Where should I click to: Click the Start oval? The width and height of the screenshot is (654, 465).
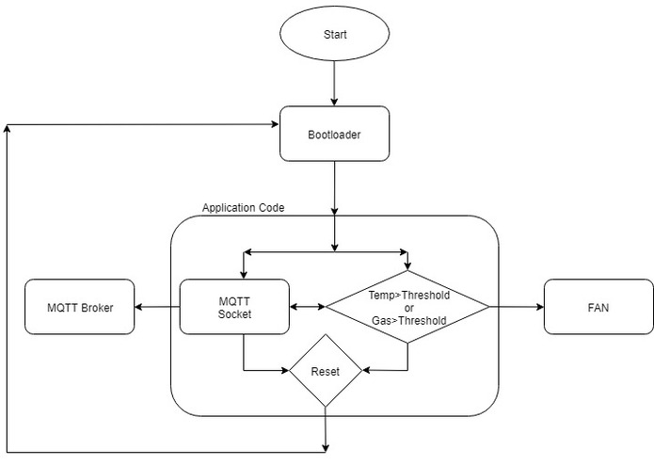[x=334, y=35]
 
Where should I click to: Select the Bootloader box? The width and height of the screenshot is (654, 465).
[x=334, y=134]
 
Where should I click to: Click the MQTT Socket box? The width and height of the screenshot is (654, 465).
[x=234, y=307]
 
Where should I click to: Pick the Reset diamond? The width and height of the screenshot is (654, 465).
[x=325, y=371]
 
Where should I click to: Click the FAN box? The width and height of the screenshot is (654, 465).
[x=598, y=307]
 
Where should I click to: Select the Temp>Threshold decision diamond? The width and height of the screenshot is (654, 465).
[x=407, y=307]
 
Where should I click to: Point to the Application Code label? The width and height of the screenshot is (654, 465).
[x=243, y=206]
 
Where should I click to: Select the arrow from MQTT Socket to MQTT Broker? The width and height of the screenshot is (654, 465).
[x=157, y=307]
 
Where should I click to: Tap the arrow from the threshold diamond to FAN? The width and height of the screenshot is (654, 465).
[x=516, y=307]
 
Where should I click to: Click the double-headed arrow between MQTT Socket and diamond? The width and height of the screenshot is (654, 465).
[x=308, y=307]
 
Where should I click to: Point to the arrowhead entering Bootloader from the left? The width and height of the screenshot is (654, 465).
[x=274, y=125]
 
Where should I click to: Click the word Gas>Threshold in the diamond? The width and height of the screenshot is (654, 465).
[x=408, y=320]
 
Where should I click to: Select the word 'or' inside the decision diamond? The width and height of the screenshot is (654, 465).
[x=408, y=308]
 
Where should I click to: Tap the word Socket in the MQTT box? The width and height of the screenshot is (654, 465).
[x=234, y=313]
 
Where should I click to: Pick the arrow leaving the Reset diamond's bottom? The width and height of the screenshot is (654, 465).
[x=325, y=428]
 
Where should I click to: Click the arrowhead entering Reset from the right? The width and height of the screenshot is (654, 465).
[x=368, y=371]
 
